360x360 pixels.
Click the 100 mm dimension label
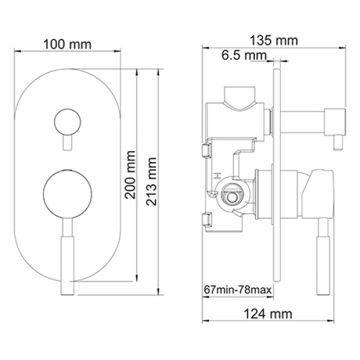point(67,44)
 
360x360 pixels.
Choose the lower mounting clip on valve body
point(206,220)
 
